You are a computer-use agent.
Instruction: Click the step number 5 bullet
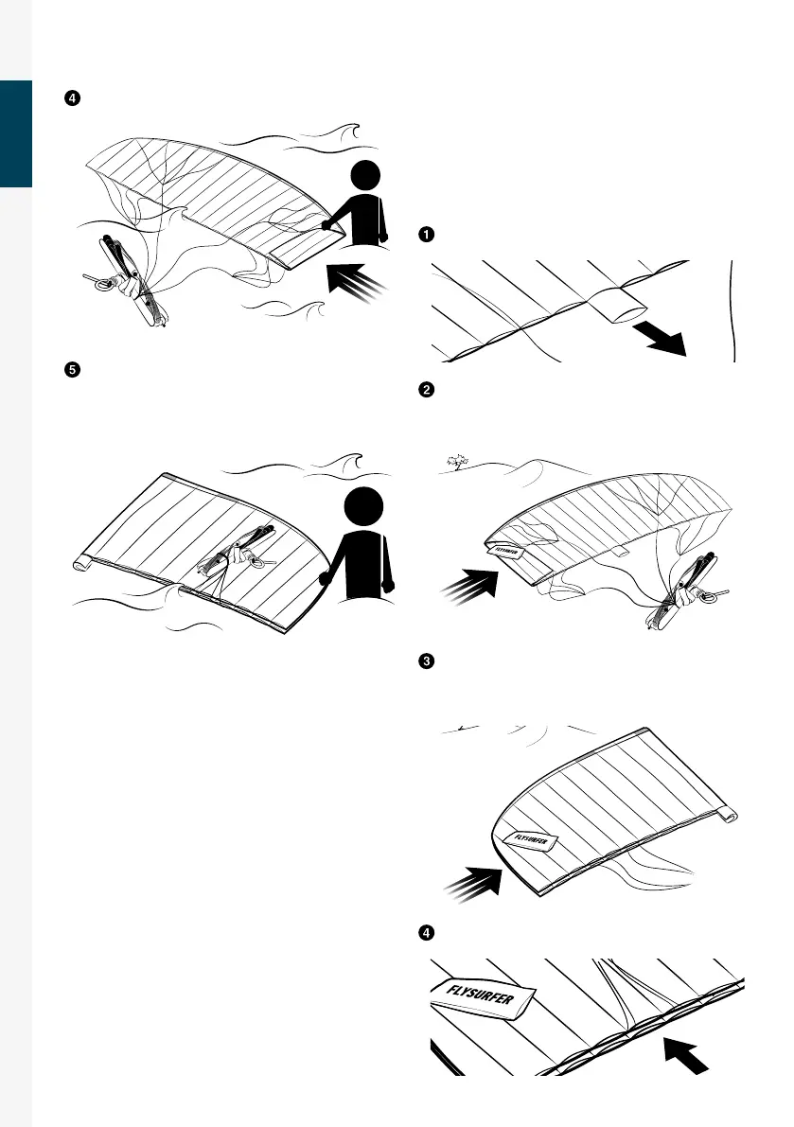pos(73,370)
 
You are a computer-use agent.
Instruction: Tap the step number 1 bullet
pos(426,235)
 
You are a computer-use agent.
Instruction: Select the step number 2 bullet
pos(426,390)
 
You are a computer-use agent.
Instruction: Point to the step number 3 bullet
pos(426,661)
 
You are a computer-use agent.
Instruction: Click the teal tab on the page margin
pos(16,133)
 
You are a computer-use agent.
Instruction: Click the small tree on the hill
pos(456,462)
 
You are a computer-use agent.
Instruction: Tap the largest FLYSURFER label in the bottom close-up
pos(482,996)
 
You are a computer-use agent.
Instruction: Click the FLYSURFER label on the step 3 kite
pos(531,840)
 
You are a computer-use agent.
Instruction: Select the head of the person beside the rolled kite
pos(363,505)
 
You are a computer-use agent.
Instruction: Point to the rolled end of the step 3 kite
pos(728,815)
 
